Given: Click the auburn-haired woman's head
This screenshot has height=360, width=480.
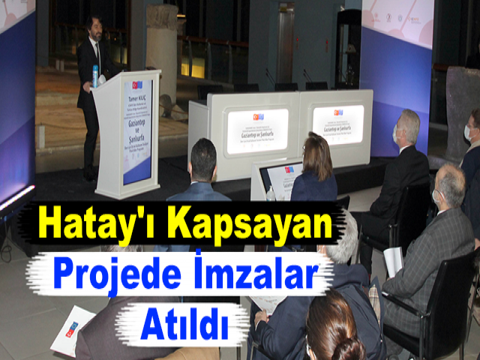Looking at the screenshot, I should (318, 155).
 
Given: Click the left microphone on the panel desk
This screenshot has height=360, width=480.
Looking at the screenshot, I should (269, 77).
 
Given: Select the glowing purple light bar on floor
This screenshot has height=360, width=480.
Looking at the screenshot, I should (16, 197).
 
